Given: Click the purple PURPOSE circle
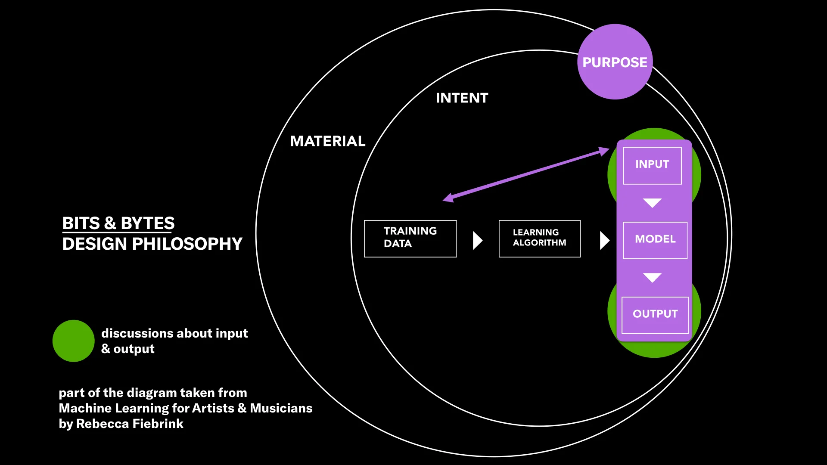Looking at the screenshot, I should (x=615, y=62).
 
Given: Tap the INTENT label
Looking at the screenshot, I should (x=462, y=98).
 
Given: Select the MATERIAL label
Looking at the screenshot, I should (x=327, y=141).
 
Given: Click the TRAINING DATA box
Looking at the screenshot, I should (x=410, y=239).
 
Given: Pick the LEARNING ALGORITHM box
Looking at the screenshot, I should (x=539, y=239).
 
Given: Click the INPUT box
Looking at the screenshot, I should (x=652, y=165).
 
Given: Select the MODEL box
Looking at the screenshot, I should (x=655, y=240).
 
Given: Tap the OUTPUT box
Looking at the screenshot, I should (x=655, y=315).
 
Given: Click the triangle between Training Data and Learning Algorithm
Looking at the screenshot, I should (x=477, y=240).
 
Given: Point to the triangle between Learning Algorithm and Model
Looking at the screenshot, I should (x=604, y=240).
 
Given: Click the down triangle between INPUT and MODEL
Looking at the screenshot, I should (x=652, y=202).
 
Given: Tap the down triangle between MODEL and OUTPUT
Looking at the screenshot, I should (x=652, y=277).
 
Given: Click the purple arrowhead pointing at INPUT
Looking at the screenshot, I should (x=604, y=151).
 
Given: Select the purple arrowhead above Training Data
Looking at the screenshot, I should (x=448, y=198).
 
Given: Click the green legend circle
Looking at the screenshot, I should (x=73, y=341).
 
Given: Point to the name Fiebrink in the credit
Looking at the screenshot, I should (x=158, y=424).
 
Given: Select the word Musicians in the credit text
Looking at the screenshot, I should (x=281, y=408).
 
